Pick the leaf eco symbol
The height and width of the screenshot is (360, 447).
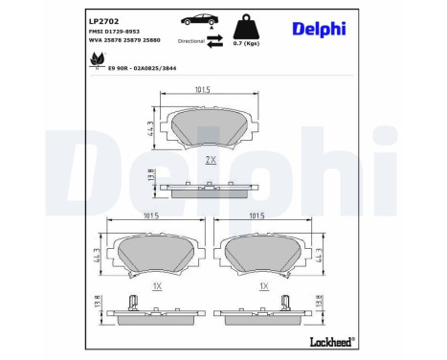(x=96, y=60)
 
